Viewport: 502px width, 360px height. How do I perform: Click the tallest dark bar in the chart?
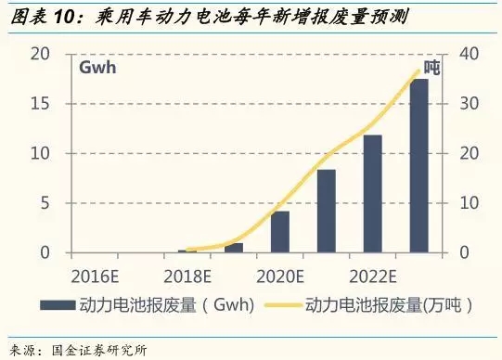419,166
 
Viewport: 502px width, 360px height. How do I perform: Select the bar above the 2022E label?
373,194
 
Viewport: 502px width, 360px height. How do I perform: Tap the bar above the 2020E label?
280,232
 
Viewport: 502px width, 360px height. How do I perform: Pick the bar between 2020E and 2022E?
327,211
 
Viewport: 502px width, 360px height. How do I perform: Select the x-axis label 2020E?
280,276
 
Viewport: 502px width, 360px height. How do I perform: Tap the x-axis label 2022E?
373,276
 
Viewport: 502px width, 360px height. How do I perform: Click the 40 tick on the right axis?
461,54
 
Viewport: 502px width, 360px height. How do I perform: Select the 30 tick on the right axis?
461,103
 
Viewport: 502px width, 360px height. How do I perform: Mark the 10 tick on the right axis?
461,203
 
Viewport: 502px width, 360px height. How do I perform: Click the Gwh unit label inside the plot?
97,70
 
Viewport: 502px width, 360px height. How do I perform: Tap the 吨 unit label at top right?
432,68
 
